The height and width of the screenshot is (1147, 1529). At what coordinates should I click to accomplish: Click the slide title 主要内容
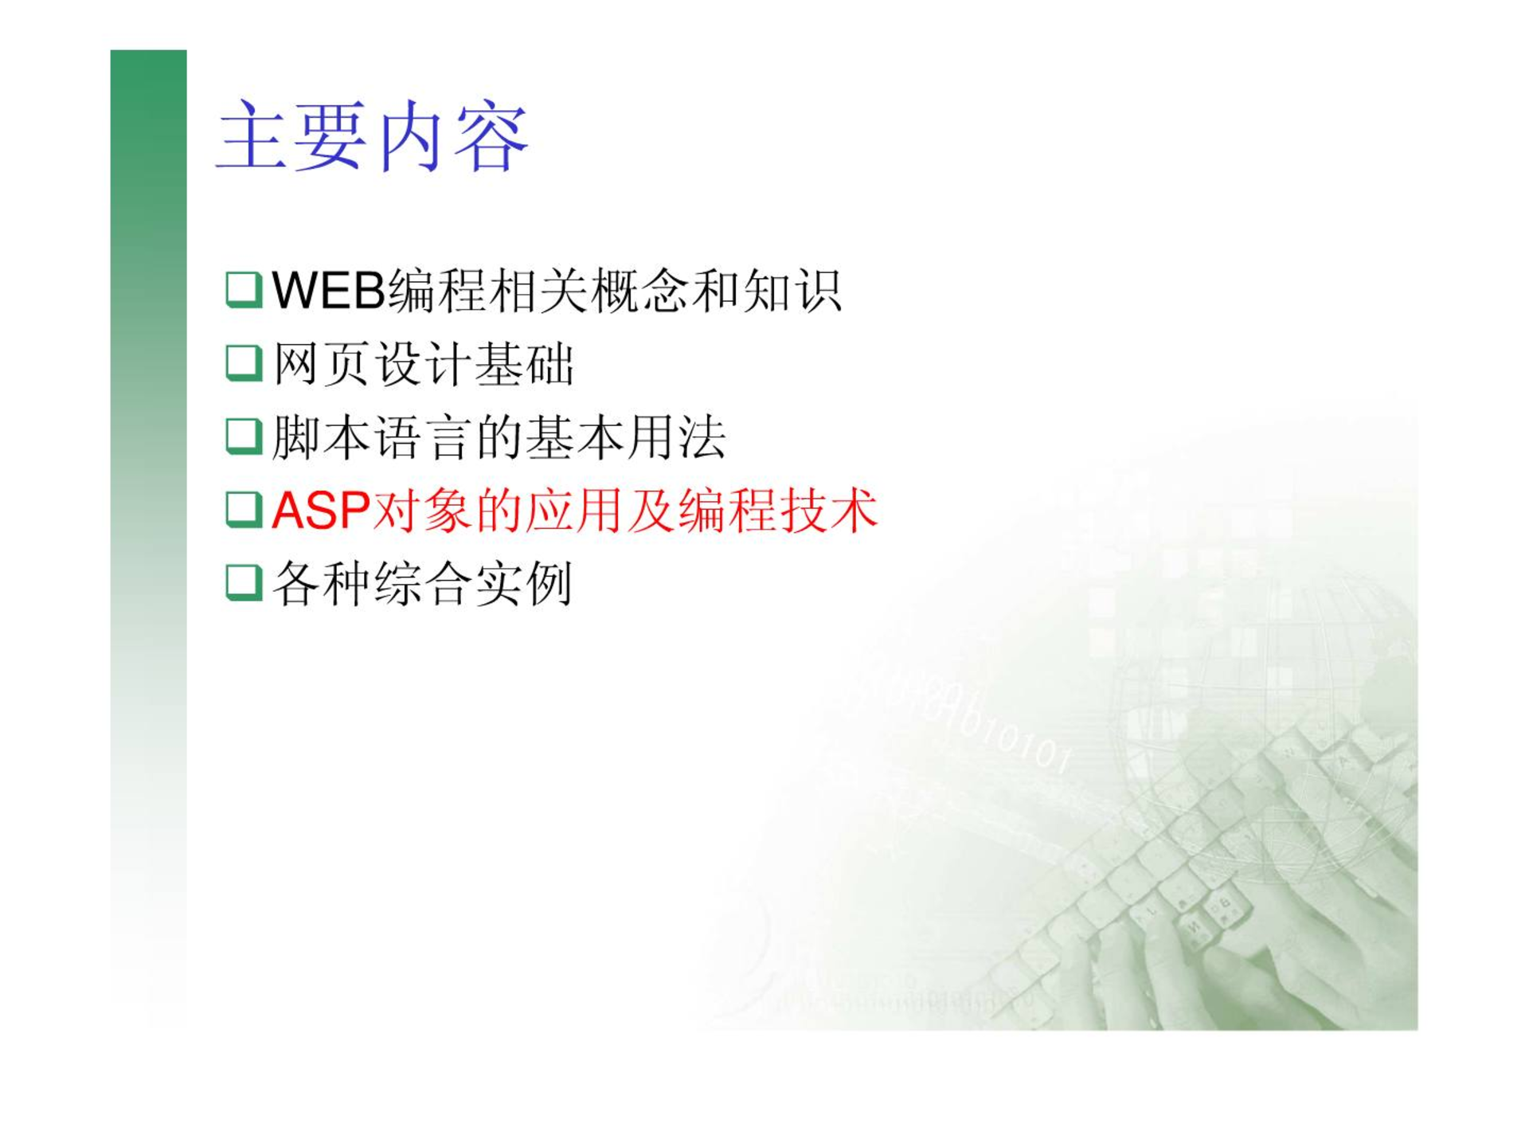[373, 136]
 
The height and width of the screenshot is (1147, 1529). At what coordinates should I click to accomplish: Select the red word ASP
[321, 510]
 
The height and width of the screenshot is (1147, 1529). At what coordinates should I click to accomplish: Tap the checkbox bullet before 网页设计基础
[244, 363]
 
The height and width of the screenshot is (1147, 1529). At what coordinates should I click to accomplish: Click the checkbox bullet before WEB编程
[244, 290]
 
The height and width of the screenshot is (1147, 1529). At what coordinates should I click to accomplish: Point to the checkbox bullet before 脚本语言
[244, 436]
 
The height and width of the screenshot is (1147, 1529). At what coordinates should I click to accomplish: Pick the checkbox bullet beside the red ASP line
[244, 510]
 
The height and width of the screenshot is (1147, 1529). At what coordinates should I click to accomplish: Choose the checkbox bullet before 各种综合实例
[244, 583]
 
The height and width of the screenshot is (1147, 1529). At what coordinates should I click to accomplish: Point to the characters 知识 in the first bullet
[792, 291]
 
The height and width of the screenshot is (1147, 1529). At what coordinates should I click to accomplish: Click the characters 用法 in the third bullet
[677, 437]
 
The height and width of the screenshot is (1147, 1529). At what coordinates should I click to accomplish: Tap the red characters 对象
[421, 511]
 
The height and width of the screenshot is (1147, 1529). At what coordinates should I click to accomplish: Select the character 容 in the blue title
[492, 136]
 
